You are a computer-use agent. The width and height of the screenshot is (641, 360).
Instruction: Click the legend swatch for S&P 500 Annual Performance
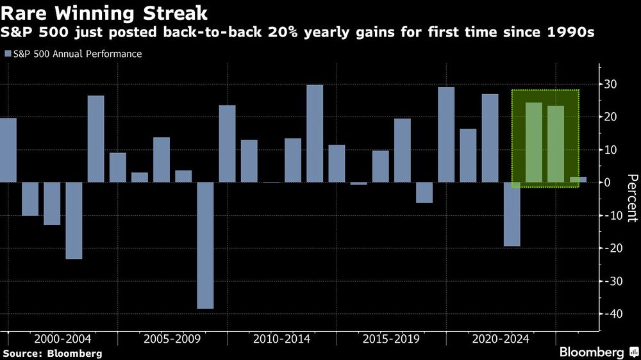8,54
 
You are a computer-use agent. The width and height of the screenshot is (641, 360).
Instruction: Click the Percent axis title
632,198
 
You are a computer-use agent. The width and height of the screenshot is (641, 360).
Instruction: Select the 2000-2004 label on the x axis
62,339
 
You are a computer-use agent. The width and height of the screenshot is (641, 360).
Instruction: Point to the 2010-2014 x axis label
281,339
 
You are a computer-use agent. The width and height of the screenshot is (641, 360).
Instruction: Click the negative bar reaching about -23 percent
74,220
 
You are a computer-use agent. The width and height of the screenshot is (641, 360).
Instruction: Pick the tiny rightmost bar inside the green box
578,180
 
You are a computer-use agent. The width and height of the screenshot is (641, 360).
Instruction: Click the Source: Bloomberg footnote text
52,353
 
